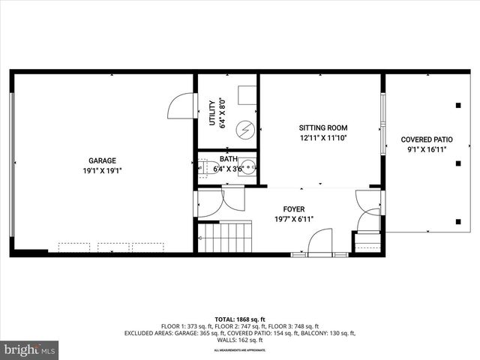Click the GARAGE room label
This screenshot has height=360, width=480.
pyautogui.click(x=102, y=160)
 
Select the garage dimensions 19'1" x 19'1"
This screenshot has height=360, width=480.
pyautogui.click(x=102, y=170)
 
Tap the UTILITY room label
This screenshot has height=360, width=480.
pyautogui.click(x=212, y=114)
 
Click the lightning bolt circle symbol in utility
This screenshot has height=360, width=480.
pyautogui.click(x=244, y=130)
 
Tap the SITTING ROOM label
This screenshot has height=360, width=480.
pyautogui.click(x=323, y=127)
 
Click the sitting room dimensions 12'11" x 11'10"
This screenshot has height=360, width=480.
pyautogui.click(x=323, y=138)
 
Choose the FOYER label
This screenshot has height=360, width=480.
pyautogui.click(x=293, y=209)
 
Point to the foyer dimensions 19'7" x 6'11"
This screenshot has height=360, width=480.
pyautogui.click(x=293, y=219)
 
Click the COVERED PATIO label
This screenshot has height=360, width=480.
pyautogui.click(x=427, y=139)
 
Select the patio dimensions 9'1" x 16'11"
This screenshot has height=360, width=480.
pyautogui.click(x=427, y=150)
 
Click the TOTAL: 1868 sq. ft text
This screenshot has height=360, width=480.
pyautogui.click(x=239, y=319)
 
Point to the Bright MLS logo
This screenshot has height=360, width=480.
pyautogui.click(x=30, y=349)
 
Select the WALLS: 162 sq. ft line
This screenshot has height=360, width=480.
pyautogui.click(x=240, y=340)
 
